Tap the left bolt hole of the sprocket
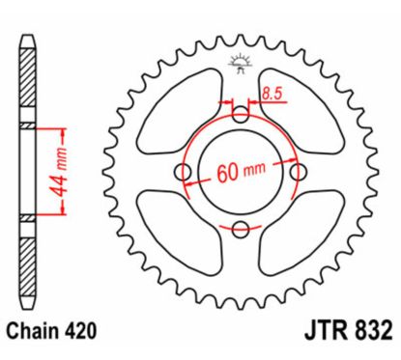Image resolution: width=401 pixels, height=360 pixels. (182, 171)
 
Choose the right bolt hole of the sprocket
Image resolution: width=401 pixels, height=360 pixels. (298, 172)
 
